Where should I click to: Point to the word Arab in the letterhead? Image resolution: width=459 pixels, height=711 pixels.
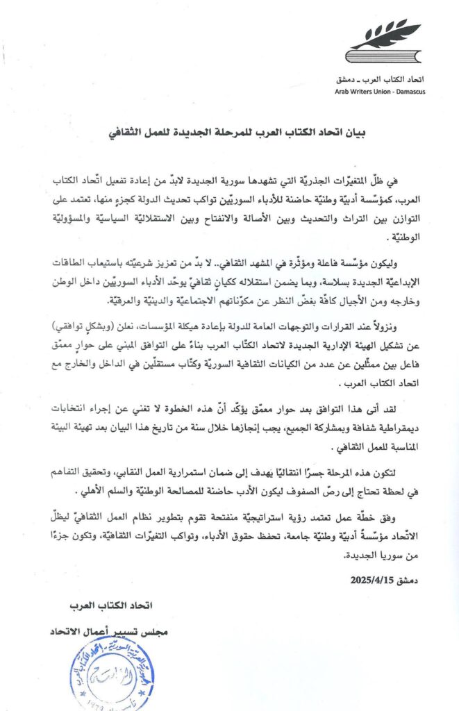pos(344,91)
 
